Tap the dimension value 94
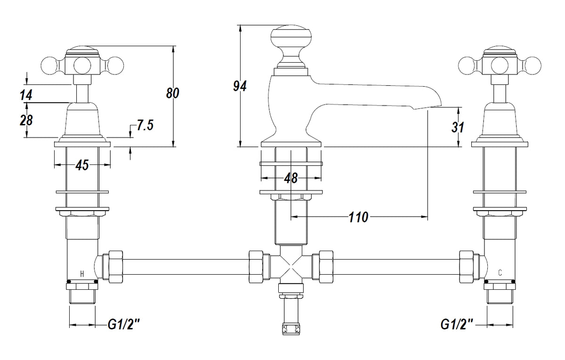pos(240,86)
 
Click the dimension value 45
pos(82,165)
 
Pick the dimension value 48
pos(291,178)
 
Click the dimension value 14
pos(26,95)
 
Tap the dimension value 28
pos(26,120)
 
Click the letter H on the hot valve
pos(82,273)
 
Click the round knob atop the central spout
pos(291,40)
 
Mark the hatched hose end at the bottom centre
pos(290,328)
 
